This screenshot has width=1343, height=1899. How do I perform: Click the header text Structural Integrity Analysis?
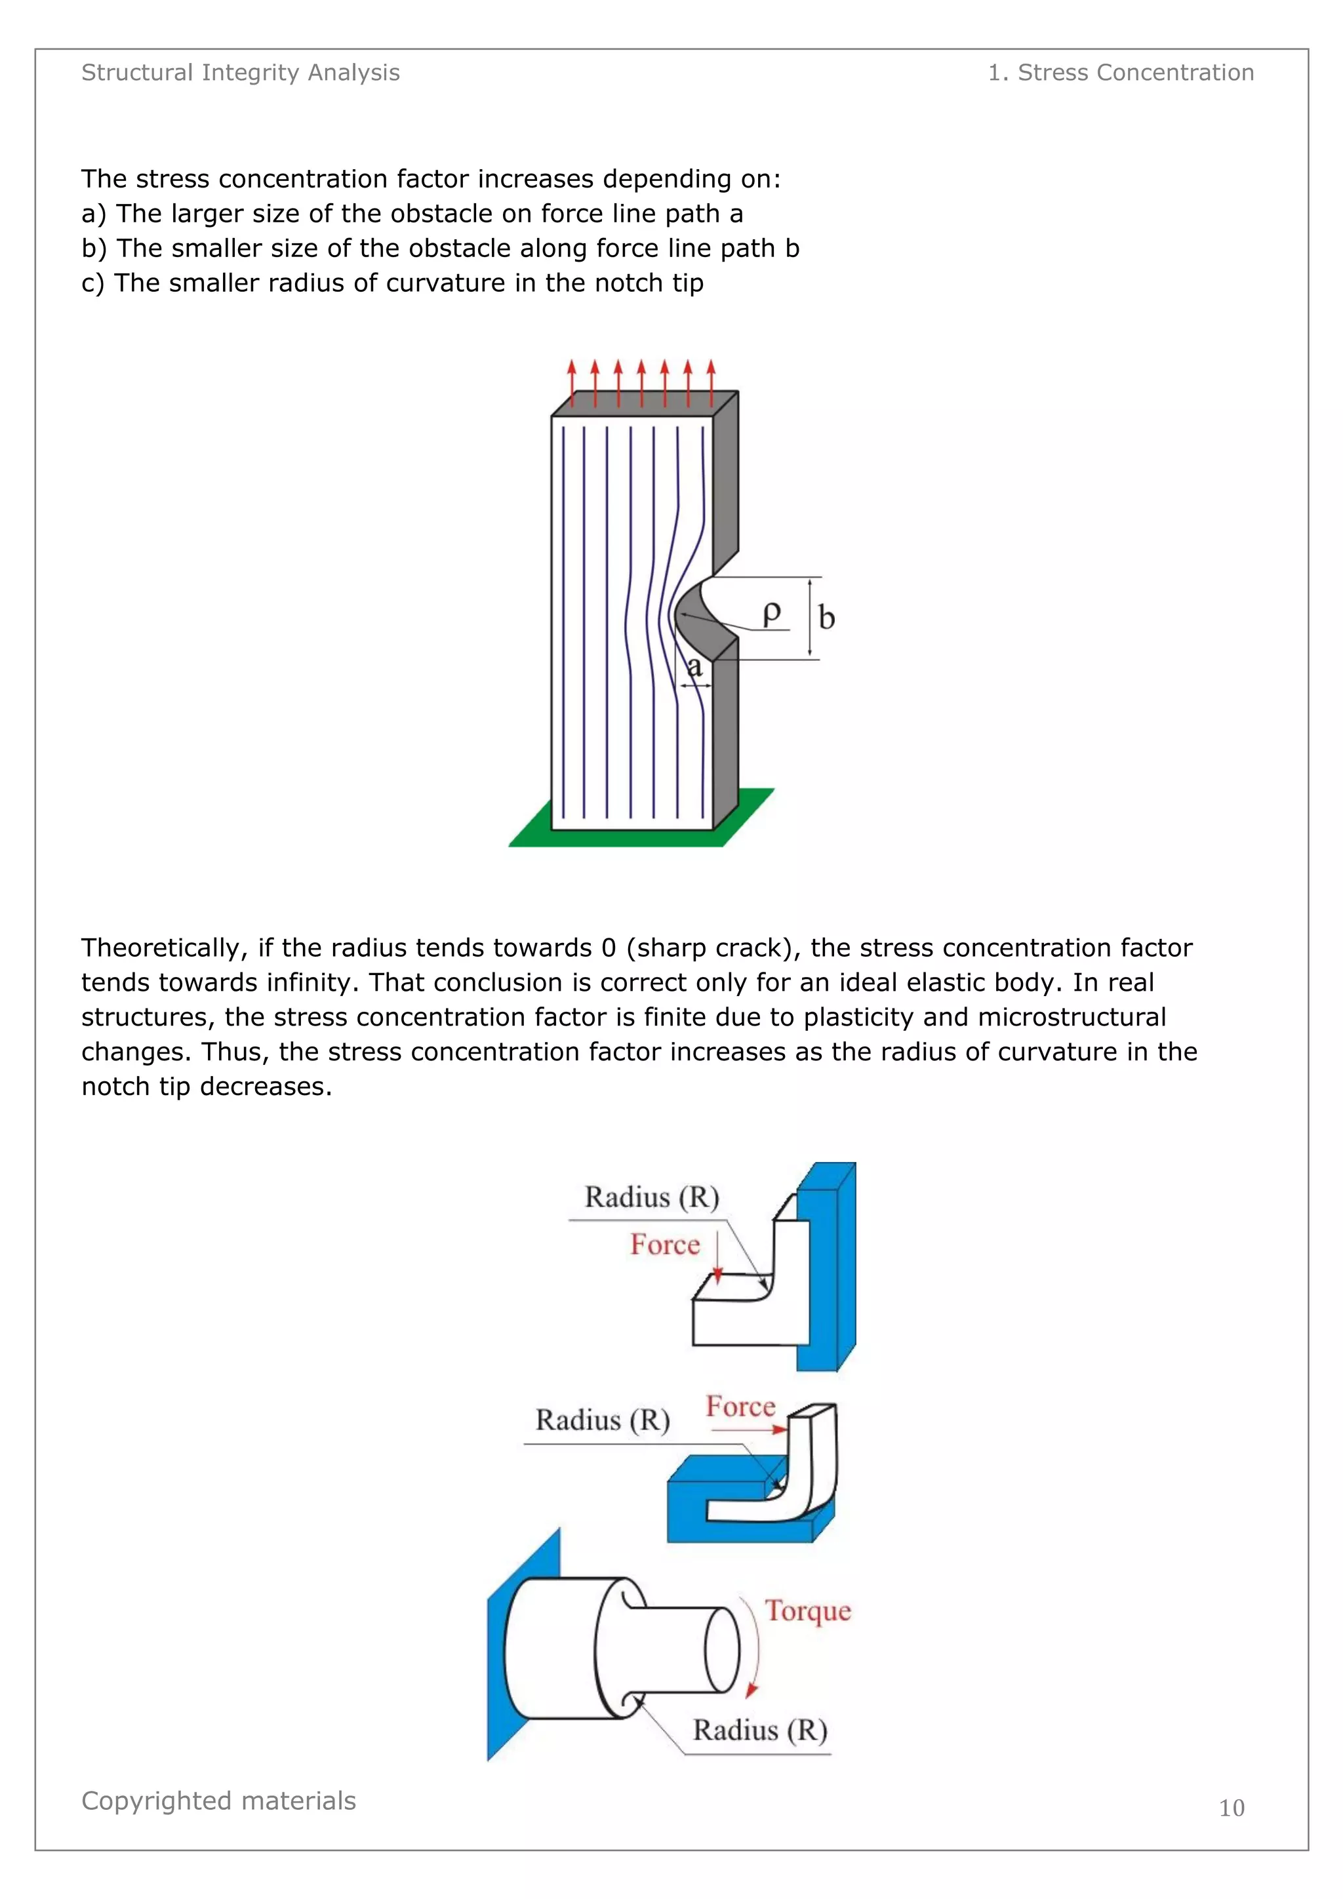click(240, 73)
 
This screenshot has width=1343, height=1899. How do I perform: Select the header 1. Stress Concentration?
click(1121, 73)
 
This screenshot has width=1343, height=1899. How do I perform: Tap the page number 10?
click(1232, 1808)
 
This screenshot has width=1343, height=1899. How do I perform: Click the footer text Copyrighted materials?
click(218, 1801)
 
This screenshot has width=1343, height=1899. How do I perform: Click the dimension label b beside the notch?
click(826, 618)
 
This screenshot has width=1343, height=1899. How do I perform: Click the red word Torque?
click(808, 1611)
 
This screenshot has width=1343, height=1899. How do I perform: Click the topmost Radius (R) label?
click(652, 1197)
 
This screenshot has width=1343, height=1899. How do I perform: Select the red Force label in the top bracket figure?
click(665, 1245)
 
